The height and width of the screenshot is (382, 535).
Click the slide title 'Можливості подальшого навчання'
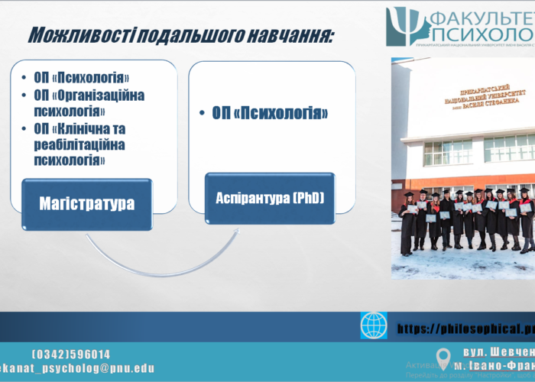180,35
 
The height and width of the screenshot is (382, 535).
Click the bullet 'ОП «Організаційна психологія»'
89,102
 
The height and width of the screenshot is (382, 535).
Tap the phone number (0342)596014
71,354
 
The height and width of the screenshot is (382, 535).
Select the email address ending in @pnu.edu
76,368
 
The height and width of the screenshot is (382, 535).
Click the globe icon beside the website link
374,326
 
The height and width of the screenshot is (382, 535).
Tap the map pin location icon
443,358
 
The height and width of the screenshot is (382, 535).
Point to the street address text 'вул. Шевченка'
498,352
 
